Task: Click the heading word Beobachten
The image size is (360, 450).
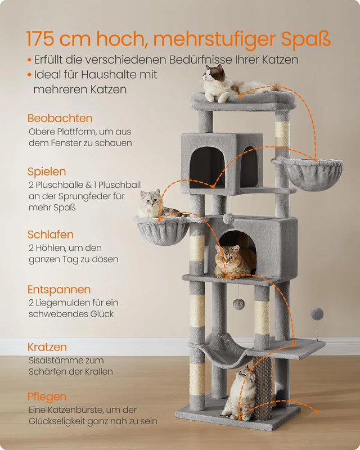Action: click(60, 119)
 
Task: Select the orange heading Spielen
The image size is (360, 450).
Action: click(47, 172)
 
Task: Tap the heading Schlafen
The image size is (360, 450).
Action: click(51, 235)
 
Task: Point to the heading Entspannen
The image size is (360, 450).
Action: click(59, 290)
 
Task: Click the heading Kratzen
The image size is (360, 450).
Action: click(47, 347)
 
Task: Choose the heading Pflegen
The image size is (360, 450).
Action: click(47, 397)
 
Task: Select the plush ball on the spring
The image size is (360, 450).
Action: click(317, 313)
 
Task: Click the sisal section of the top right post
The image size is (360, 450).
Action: click(282, 135)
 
